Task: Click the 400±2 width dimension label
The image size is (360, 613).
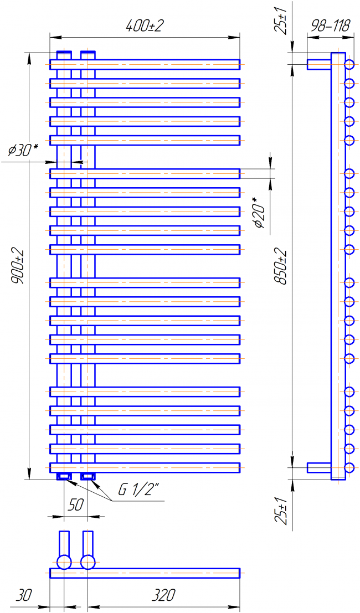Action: pos(144,27)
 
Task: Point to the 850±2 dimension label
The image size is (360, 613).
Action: pos(281,266)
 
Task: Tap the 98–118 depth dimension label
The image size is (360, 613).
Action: pos(330,27)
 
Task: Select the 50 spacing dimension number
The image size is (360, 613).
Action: pos(75,504)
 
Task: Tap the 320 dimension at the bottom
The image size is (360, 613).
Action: pos(163,595)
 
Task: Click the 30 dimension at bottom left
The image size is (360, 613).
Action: pos(23,595)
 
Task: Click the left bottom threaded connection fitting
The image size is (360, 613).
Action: pos(64,476)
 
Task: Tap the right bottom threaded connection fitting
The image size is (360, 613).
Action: pos(88,476)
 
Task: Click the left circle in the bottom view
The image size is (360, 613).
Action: pos(64,562)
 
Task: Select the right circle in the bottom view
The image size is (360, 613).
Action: pos(88,562)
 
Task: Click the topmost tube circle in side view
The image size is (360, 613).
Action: pos(349,64)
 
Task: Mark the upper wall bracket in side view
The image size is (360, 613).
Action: pos(319,64)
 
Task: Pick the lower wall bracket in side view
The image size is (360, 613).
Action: pos(319,467)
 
